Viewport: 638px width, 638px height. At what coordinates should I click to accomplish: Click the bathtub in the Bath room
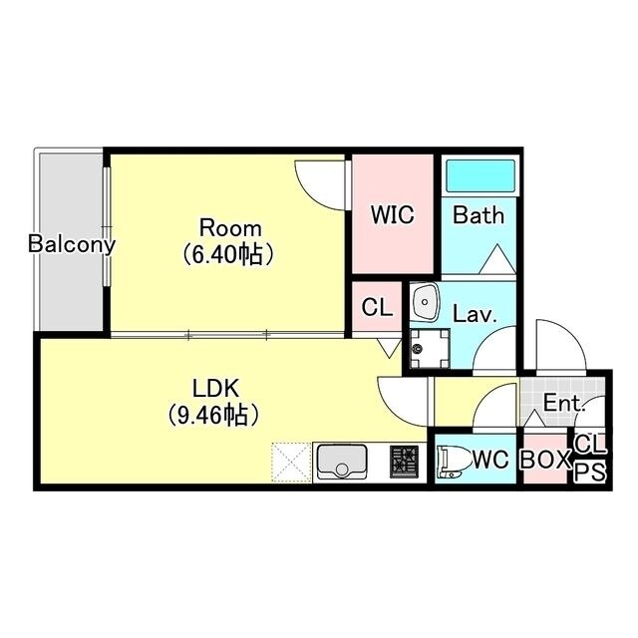tap(480, 175)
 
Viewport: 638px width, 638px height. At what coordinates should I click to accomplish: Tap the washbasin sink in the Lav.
tap(426, 303)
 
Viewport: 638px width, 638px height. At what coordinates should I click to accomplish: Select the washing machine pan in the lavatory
tap(430, 349)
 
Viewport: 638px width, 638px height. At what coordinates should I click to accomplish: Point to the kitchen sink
tap(342, 462)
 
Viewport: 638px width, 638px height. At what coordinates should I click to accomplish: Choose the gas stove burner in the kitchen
tap(404, 462)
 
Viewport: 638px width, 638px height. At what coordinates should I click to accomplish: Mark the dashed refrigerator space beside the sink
tap(291, 463)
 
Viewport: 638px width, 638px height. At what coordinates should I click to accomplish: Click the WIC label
tap(392, 214)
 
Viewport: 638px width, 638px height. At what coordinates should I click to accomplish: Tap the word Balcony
tap(72, 245)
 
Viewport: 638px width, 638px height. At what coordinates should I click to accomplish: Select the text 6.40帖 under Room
tap(227, 255)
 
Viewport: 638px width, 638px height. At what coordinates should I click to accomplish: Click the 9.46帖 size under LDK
tap(213, 415)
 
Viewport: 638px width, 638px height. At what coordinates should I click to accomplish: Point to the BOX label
tap(545, 460)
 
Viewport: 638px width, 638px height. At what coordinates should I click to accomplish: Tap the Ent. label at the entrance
tap(564, 403)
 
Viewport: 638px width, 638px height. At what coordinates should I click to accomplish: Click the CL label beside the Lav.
tap(377, 308)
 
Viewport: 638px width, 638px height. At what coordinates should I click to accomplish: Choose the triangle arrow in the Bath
tap(497, 259)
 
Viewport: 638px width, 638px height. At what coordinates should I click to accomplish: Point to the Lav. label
tap(475, 314)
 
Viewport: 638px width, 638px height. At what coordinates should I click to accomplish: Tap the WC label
tap(491, 460)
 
